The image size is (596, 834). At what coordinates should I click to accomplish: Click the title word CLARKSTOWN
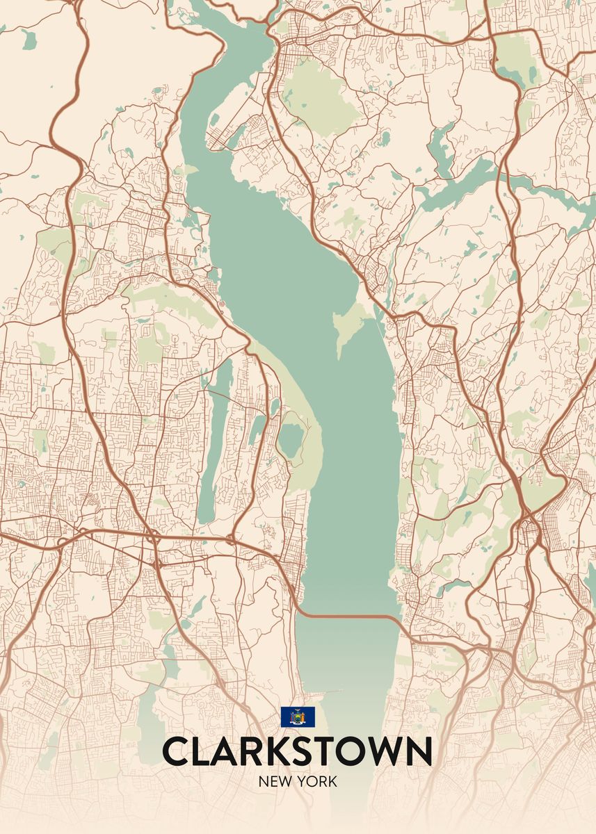click(297, 751)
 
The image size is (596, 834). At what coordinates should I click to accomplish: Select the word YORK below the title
click(319, 781)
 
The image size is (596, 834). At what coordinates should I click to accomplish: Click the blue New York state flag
click(298, 717)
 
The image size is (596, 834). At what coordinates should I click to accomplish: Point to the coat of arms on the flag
click(298, 717)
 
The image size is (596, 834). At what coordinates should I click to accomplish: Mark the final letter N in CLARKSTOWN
click(419, 751)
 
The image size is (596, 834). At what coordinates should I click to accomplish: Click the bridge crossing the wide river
click(348, 616)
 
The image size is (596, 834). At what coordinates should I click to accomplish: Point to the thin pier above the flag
click(327, 692)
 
